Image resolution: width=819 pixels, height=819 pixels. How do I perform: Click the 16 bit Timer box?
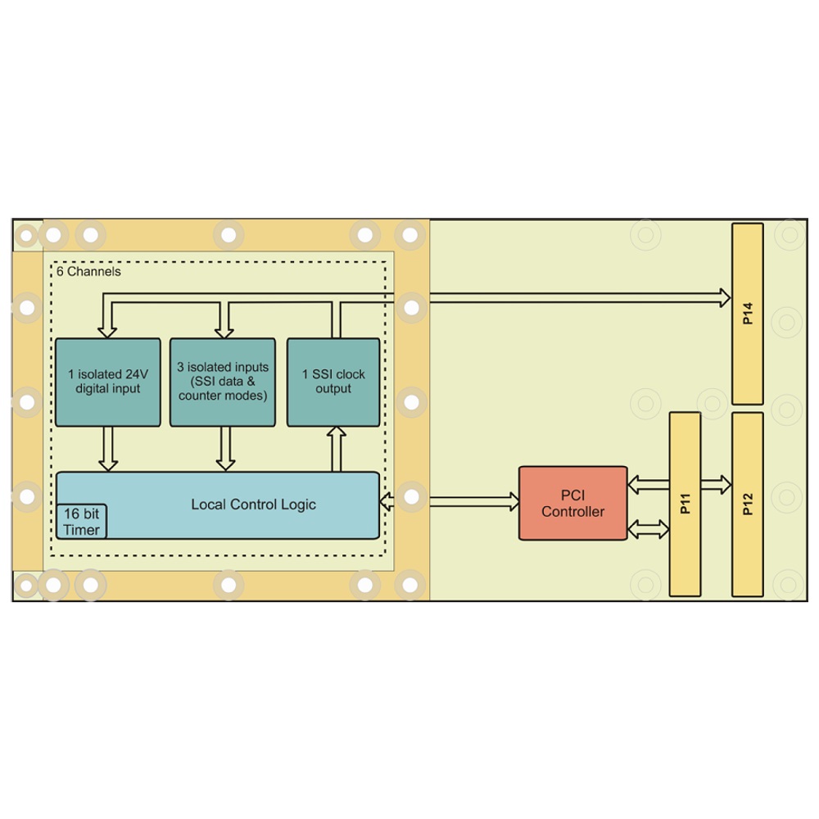point(81,522)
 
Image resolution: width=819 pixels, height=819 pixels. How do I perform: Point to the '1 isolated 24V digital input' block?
point(107,382)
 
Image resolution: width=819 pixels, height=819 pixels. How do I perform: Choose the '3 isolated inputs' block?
point(222,382)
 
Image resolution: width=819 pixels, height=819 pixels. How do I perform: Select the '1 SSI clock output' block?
point(333,382)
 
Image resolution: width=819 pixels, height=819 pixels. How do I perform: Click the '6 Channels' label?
point(88,271)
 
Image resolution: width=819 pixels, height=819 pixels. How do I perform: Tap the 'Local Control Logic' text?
point(253,505)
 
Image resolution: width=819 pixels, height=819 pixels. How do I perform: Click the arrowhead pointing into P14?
point(724,297)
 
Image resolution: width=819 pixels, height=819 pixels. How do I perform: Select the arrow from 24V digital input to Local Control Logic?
point(107,449)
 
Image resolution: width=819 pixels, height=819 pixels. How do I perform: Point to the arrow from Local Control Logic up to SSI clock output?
point(335,449)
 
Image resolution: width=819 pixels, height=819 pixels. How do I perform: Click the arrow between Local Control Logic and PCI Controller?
point(450,500)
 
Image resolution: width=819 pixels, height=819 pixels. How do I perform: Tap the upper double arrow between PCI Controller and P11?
point(648,485)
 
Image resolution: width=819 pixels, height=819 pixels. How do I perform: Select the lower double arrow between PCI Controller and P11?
point(648,530)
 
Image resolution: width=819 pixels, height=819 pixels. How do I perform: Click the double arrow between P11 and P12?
point(716,485)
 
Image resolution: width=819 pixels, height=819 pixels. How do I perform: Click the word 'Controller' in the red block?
point(572,512)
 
